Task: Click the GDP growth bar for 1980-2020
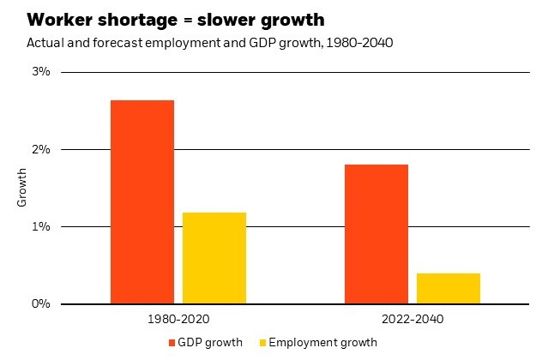142,202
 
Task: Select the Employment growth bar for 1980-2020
214,258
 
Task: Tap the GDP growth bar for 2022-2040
376,234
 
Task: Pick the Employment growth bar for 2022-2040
448,289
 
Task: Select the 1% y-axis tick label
42,226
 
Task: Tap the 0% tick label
42,303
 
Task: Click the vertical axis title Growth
23,188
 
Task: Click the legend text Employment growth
322,343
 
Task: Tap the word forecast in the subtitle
105,42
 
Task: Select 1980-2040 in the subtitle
361,42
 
